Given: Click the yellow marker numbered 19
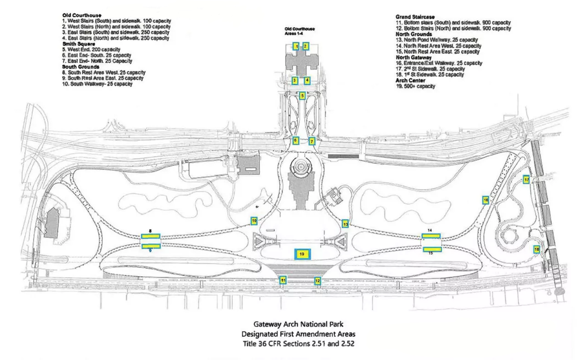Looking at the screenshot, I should click(302, 254).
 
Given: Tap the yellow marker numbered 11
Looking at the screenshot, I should click(283, 280).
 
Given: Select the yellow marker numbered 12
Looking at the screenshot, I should click(318, 281).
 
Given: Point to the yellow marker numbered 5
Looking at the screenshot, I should click(302, 95).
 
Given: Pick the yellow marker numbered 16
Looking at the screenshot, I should click(486, 200).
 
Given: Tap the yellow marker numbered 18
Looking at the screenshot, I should click(537, 250).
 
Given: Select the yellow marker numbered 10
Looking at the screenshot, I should click(253, 220).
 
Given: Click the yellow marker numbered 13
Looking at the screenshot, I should click(345, 224).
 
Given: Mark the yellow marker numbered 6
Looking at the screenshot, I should click(295, 140).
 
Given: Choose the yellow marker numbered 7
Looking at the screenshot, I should click(312, 141).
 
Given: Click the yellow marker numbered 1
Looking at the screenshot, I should click(296, 46).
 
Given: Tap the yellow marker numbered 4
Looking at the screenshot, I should click(307, 81).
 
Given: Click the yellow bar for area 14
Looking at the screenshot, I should click(431, 236).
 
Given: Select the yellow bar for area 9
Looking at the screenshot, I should click(151, 245).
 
